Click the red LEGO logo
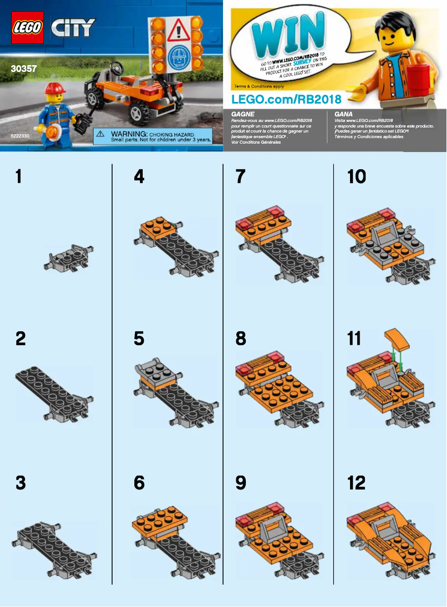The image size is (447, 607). (27, 27)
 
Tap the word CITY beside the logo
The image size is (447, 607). (73, 27)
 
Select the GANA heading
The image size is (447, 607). (343, 113)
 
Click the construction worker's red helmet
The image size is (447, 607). (55, 88)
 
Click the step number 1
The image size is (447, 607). (19, 177)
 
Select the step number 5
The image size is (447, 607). (139, 338)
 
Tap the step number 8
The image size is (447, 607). (241, 338)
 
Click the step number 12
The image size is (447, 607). (356, 482)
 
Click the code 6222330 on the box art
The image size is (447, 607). (20, 135)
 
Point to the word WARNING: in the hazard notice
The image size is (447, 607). (128, 135)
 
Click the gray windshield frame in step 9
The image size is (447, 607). (271, 530)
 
